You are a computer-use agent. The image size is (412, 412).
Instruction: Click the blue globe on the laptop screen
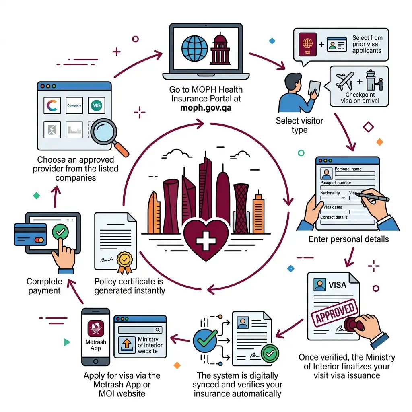195,49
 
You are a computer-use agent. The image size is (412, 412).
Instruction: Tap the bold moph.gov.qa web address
206,108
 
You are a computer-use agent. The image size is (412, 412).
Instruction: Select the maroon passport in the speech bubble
307,44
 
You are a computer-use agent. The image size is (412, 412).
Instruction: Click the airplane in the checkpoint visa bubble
345,80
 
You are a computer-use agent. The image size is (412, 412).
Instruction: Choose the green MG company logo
97,105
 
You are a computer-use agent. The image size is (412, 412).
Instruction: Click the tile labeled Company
74,105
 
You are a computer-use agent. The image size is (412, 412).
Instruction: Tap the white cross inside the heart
206,241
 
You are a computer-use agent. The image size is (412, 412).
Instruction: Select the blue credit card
30,235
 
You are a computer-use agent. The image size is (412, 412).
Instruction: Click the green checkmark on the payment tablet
60,231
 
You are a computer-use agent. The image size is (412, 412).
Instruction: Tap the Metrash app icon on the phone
96,328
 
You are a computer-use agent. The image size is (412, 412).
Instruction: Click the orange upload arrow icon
127,345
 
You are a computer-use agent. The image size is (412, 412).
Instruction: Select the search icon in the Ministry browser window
158,330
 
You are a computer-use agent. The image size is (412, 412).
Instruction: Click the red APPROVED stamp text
334,313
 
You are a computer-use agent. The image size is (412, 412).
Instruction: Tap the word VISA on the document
338,285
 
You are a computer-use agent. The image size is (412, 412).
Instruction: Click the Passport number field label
336,183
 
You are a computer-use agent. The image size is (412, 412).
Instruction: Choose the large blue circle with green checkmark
205,340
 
